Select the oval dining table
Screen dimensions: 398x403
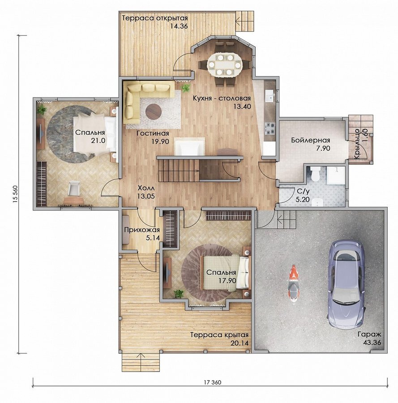pyautogui.click(x=225, y=65)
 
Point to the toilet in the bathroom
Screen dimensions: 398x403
pyautogui.click(x=314, y=174)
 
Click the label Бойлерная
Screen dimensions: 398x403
pyautogui.click(x=310, y=140)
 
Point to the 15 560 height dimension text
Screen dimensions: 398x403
pyautogui.click(x=15, y=194)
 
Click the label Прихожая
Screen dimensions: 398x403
pyautogui.click(x=142, y=230)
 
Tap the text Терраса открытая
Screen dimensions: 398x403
pyautogui.click(x=154, y=18)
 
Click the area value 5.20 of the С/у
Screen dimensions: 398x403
pyautogui.click(x=303, y=199)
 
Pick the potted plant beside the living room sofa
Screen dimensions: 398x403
pyautogui.click(x=185, y=88)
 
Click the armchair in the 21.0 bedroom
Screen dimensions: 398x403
pyautogui.click(x=74, y=188)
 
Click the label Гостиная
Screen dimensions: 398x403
pyautogui.click(x=153, y=133)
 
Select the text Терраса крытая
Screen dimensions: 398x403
pyautogui.click(x=219, y=335)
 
